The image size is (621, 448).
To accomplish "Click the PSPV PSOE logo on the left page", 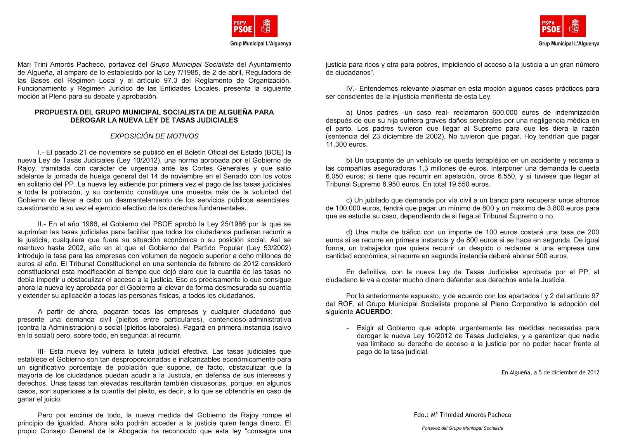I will point(254,26).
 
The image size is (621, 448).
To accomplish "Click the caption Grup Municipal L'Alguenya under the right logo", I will point(569,44).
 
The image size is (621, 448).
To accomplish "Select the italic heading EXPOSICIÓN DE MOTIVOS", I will point(154,136).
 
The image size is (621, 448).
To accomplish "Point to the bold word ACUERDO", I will point(373,312).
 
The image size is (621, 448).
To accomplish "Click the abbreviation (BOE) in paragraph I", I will point(274,152).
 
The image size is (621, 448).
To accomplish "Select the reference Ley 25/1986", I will point(224,224).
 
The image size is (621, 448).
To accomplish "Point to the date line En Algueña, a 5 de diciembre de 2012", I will point(550,372).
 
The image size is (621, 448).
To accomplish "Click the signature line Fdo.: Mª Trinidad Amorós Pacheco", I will point(462,415).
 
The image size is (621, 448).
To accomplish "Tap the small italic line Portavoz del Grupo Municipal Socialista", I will point(462,428).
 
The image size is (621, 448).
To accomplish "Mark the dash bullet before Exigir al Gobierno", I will point(347,328).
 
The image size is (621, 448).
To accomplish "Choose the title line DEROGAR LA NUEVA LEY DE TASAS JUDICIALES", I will point(154,120).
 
